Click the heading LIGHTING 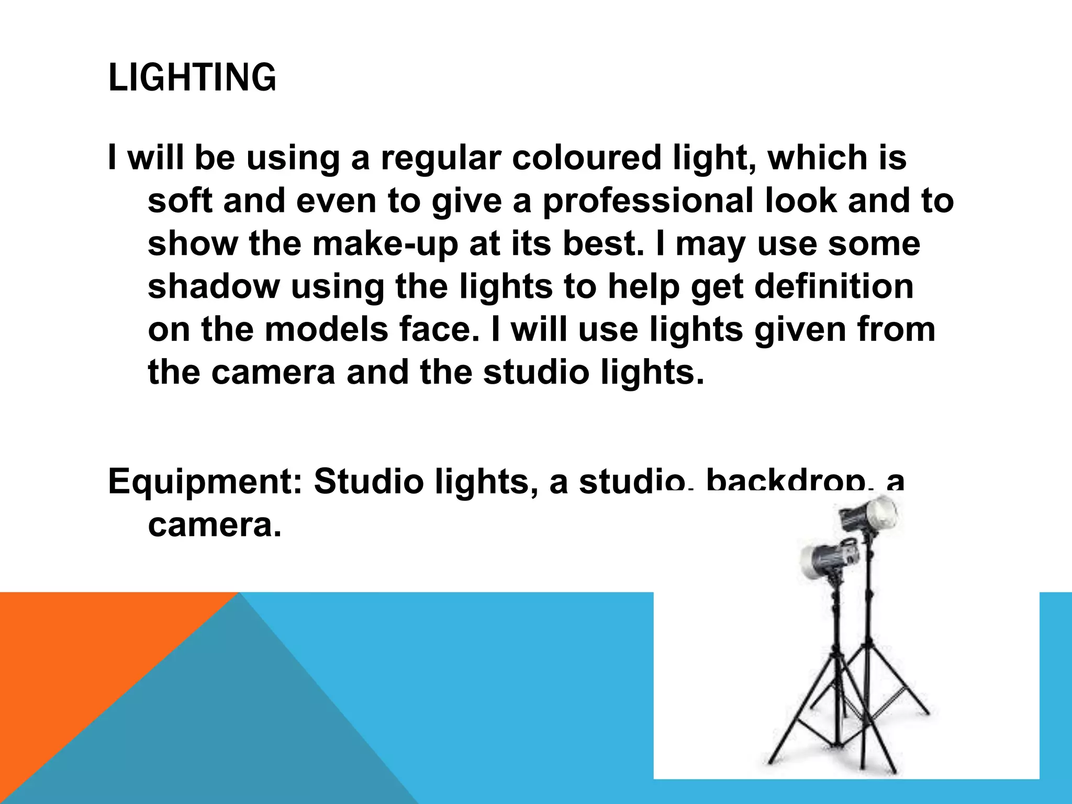pyautogui.click(x=192, y=77)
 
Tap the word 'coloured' pyautogui.click(x=586, y=158)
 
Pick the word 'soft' pyautogui.click(x=180, y=202)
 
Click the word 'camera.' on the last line pyautogui.click(x=215, y=526)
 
